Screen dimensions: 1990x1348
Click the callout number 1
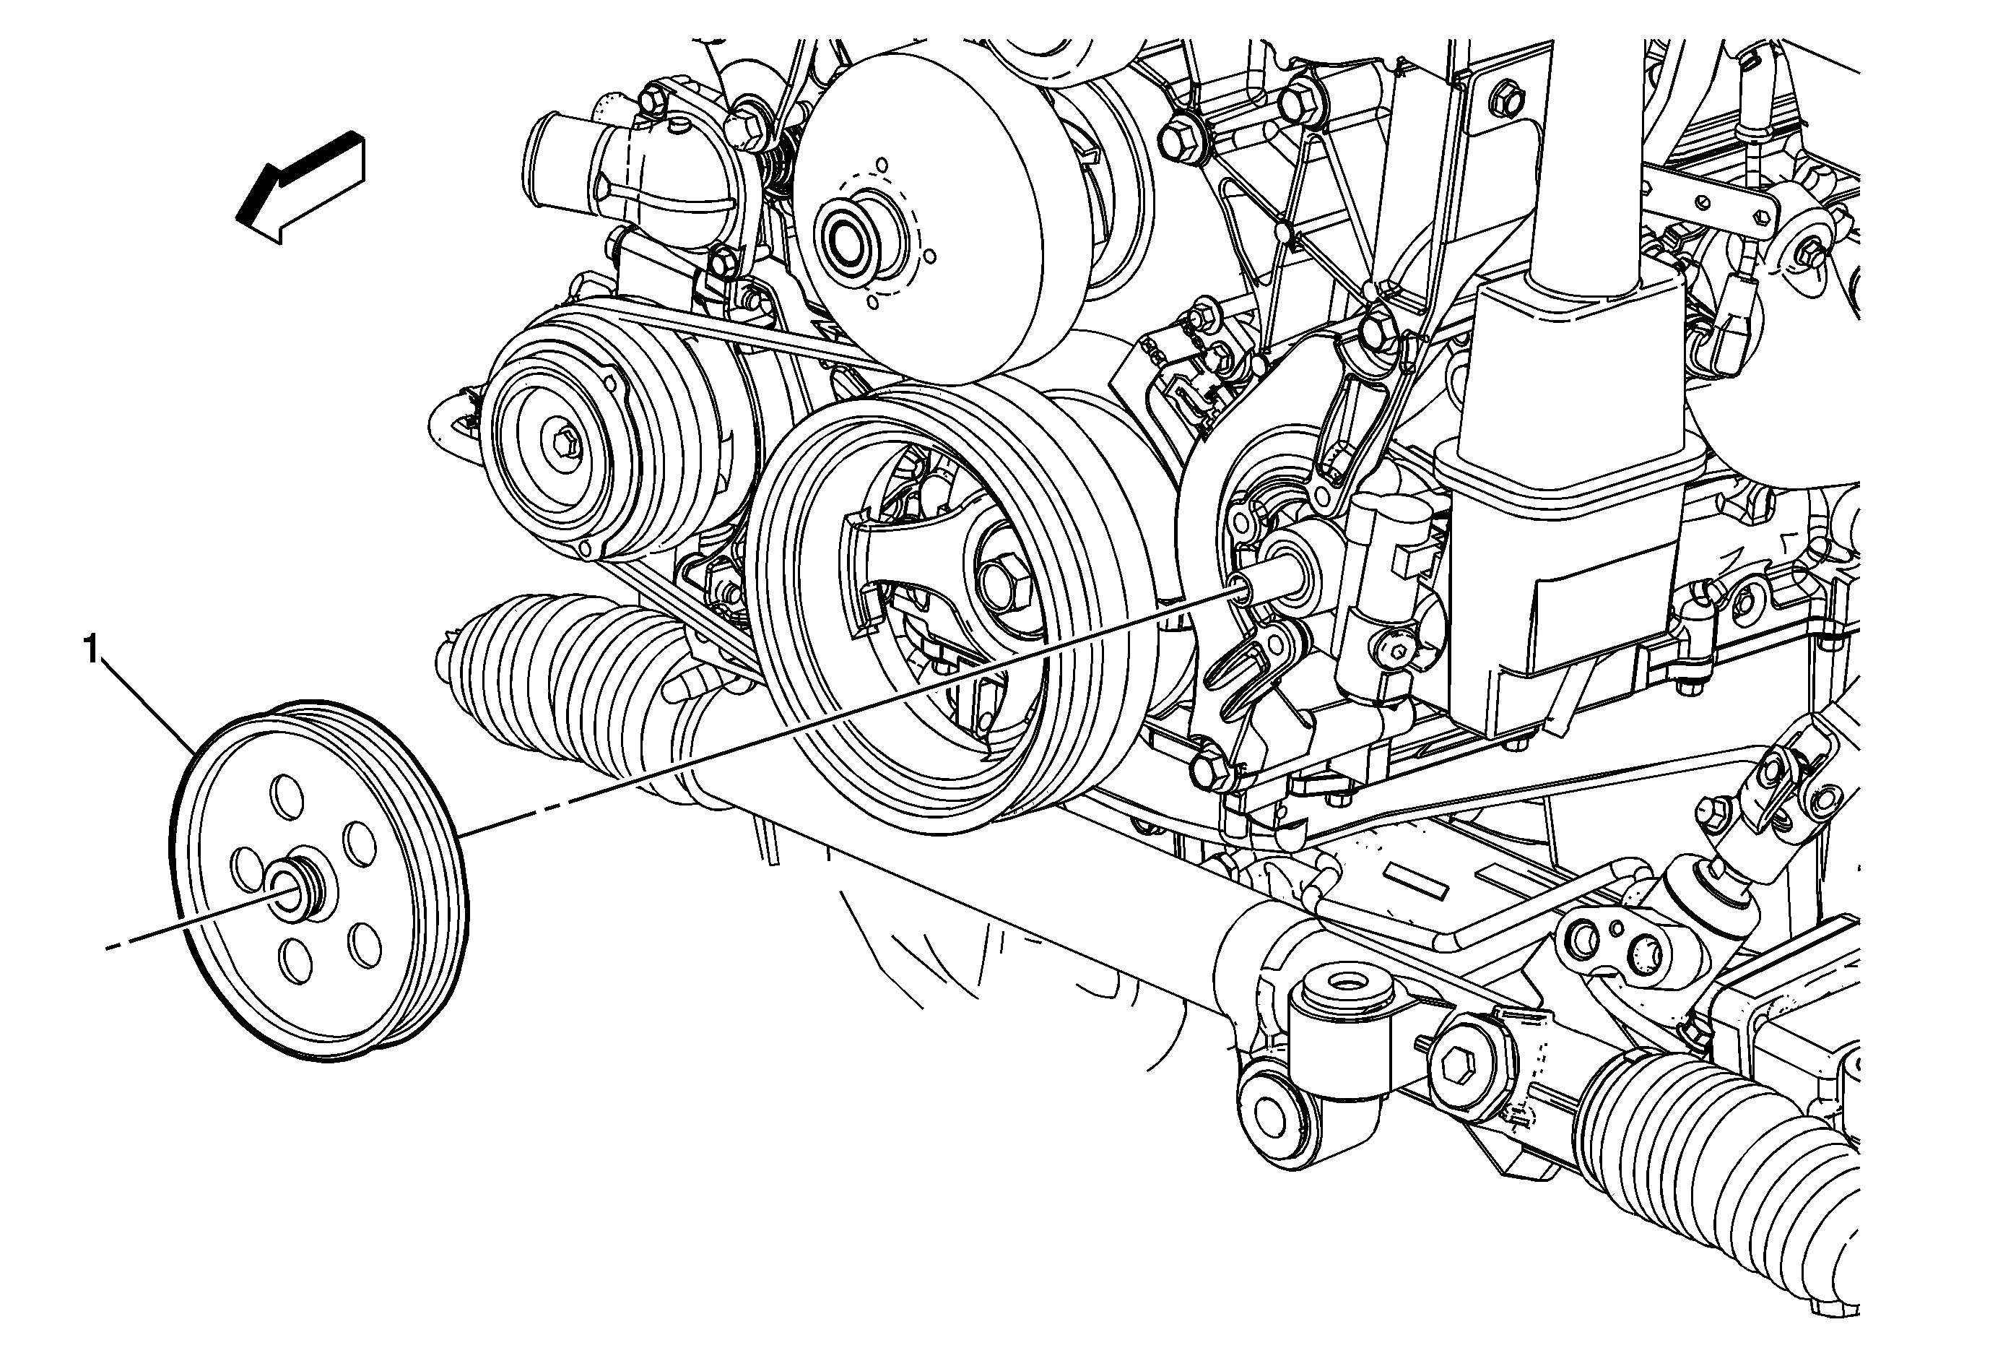[x=91, y=651]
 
